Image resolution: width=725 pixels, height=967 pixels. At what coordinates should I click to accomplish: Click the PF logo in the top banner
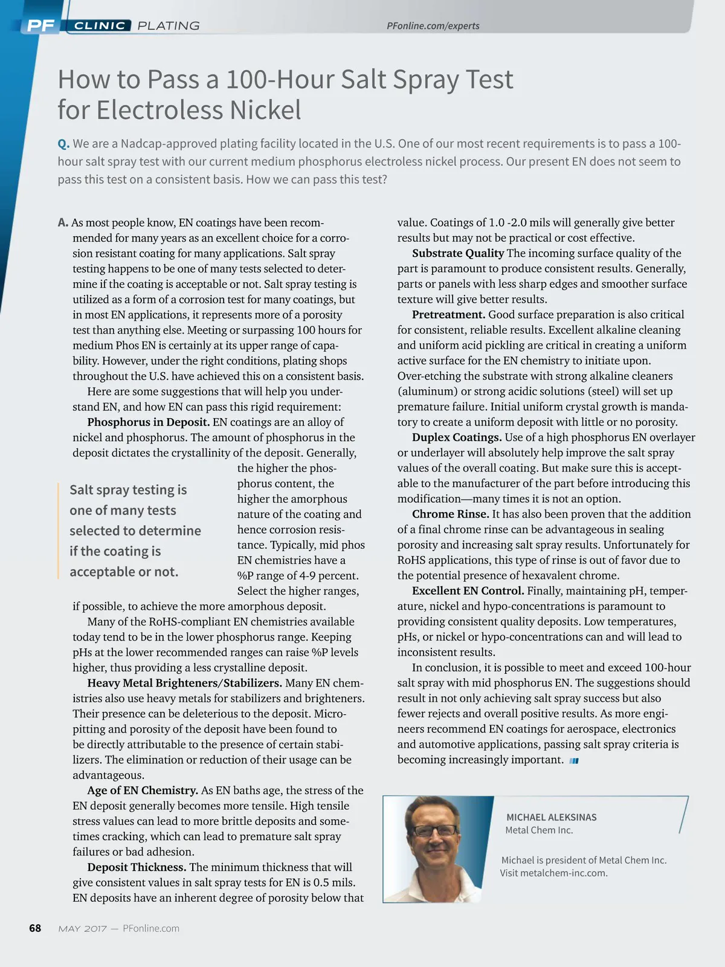pyautogui.click(x=41, y=25)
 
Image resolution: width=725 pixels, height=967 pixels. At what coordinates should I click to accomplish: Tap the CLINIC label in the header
pyautogui.click(x=100, y=25)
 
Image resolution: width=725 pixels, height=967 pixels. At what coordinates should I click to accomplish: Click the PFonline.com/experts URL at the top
pyautogui.click(x=433, y=26)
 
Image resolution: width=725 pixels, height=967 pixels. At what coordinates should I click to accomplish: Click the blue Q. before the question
pyautogui.click(x=63, y=144)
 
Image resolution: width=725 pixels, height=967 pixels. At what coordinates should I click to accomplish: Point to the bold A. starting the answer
pyautogui.click(x=63, y=223)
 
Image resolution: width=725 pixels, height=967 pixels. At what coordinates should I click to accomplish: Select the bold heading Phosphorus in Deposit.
pyautogui.click(x=148, y=422)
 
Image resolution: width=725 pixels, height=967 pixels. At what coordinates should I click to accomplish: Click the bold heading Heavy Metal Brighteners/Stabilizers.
pyautogui.click(x=184, y=683)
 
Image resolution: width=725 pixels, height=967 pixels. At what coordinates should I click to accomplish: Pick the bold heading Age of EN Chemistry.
pyautogui.click(x=143, y=791)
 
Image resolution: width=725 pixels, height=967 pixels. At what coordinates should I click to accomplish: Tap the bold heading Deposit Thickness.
pyautogui.click(x=137, y=867)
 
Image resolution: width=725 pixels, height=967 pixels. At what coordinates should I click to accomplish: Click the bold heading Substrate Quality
pyautogui.click(x=458, y=253)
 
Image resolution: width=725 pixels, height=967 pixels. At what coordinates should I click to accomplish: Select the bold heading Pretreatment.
pyautogui.click(x=448, y=314)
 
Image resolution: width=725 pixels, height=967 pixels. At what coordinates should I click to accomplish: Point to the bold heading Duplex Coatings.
pyautogui.click(x=457, y=438)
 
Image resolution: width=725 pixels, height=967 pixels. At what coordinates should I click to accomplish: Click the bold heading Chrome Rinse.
pyautogui.click(x=450, y=514)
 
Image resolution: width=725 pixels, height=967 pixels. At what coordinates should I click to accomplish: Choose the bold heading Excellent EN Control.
pyautogui.click(x=468, y=591)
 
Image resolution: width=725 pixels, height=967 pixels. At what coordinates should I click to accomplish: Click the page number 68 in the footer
pyautogui.click(x=35, y=928)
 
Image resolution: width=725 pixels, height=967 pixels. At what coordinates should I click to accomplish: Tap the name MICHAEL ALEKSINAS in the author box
pyautogui.click(x=551, y=817)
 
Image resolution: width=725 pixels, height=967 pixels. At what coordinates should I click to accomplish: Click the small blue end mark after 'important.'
pyautogui.click(x=574, y=761)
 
